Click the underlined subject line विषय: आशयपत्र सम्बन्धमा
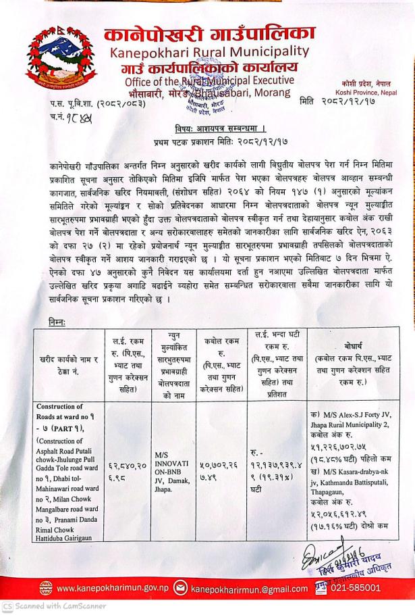(x=208, y=128)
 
